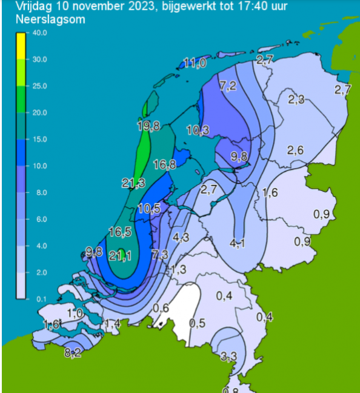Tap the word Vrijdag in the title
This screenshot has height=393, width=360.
pos(21,7)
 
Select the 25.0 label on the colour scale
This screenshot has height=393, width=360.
pos(40,86)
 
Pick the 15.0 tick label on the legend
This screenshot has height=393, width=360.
pos(40,139)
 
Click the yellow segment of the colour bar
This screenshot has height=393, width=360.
pos(20,45)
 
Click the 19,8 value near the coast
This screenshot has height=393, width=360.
pos(148,126)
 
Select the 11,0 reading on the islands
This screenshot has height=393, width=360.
pos(195,63)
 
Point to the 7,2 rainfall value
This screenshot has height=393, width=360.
pos(228,86)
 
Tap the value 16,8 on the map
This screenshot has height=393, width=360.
pos(164,164)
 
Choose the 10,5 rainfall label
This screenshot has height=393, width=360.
pos(148,208)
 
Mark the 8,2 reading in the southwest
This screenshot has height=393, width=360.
pos(73,352)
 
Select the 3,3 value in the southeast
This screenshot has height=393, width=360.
pos(228,355)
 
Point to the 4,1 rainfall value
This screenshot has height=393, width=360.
pos(238,244)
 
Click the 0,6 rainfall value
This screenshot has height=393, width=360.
pos(161,308)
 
